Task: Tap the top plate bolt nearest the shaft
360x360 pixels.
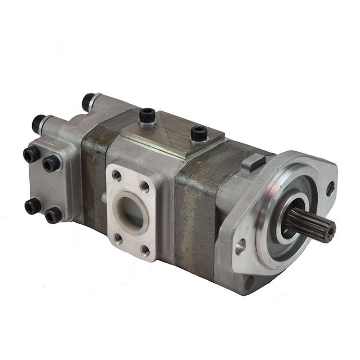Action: (199, 133)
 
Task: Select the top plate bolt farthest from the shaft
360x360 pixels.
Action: (147, 116)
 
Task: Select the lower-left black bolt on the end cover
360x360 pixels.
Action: (32, 206)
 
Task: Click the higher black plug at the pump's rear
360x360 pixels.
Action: (88, 102)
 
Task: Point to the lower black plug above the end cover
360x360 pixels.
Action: (38, 124)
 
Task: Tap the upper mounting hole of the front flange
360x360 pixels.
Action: (330, 188)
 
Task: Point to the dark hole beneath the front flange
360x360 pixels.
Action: (249, 282)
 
